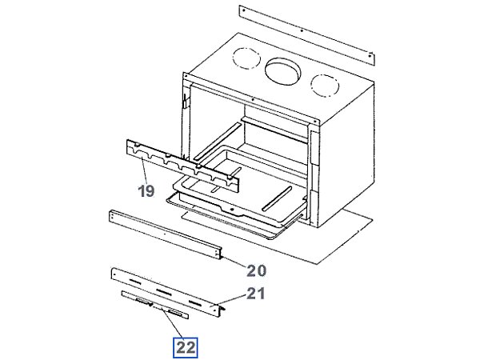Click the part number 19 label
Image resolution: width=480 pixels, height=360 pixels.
click(145, 191)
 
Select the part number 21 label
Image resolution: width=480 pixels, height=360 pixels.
click(254, 294)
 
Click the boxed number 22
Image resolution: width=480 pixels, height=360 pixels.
click(186, 346)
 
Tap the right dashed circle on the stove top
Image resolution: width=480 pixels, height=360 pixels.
click(324, 85)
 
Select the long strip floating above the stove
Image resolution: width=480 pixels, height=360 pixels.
click(307, 37)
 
